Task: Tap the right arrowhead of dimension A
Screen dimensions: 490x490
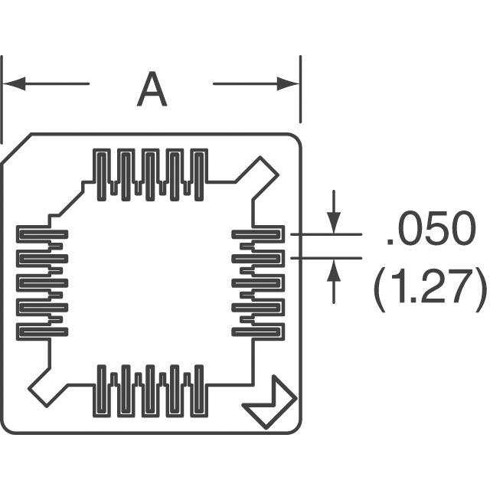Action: (x=290, y=83)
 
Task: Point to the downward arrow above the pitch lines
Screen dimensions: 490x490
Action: (x=333, y=218)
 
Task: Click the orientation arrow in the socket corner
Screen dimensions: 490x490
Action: (x=269, y=403)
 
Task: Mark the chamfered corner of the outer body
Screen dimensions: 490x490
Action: (x=15, y=149)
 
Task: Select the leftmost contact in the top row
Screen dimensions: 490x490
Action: (x=103, y=171)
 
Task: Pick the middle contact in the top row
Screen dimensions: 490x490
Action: (x=151, y=171)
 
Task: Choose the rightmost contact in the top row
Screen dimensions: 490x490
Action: (x=199, y=171)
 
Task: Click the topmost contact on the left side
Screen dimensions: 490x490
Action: (x=42, y=234)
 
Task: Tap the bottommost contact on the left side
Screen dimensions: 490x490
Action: (x=42, y=332)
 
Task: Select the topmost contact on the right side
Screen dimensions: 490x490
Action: (x=259, y=234)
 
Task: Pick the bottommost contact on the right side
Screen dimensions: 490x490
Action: (x=259, y=332)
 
